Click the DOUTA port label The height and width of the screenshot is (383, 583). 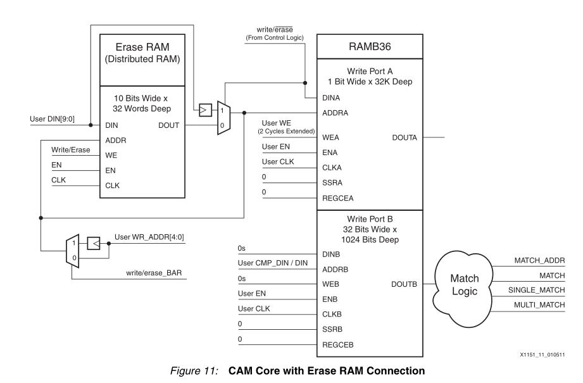pyautogui.click(x=405, y=137)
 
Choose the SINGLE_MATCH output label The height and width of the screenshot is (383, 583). pyautogui.click(x=539, y=291)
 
